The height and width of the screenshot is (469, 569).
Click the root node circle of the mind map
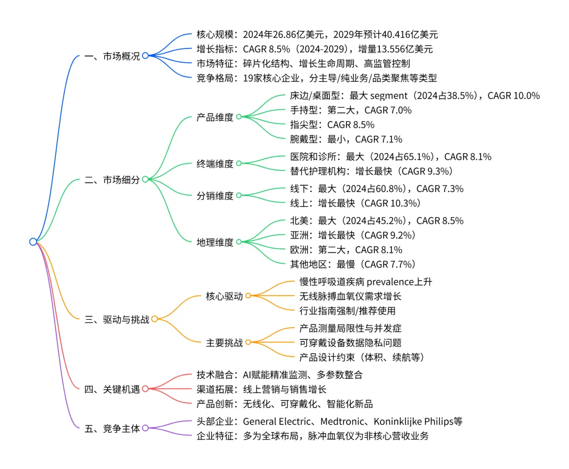tap(33, 242)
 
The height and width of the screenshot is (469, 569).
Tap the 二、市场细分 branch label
tap(112, 179)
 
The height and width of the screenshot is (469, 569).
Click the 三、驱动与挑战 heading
tap(116, 319)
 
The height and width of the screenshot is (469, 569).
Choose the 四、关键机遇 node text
tap(112, 389)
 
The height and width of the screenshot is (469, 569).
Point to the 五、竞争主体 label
tap(112, 428)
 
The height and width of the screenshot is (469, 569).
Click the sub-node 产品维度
tap(214, 117)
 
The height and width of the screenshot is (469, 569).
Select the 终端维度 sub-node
tap(214, 164)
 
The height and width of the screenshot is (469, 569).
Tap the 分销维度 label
tap(214, 196)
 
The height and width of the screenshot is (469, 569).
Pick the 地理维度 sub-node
tap(214, 242)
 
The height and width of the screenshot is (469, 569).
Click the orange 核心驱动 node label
tap(224, 296)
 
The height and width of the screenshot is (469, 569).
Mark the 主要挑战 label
tap(224, 343)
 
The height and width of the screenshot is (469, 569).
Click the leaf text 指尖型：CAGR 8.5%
tap(332, 125)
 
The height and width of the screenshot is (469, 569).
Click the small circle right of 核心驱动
tap(248, 296)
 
